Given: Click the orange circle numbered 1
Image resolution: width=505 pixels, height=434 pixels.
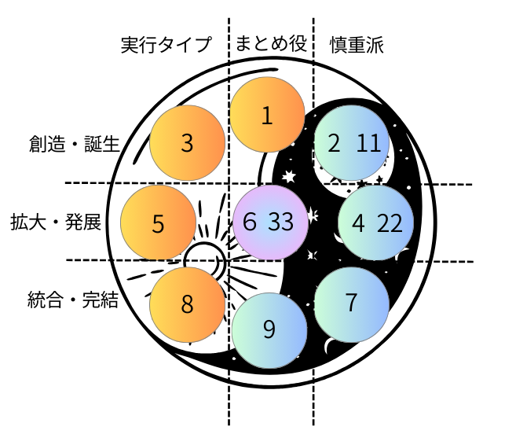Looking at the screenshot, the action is click(x=267, y=115).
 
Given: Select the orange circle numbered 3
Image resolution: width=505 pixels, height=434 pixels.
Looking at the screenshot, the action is click(x=187, y=143).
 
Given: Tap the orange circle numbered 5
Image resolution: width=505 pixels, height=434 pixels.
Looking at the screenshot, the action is click(x=158, y=223).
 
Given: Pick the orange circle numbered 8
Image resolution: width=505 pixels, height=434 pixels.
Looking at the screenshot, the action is click(x=187, y=304).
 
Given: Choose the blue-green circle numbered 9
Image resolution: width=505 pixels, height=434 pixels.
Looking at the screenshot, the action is click(x=269, y=330).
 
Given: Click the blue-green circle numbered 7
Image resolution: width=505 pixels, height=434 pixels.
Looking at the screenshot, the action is click(x=352, y=304).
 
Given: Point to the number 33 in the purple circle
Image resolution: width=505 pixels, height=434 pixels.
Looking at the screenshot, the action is click(x=281, y=222).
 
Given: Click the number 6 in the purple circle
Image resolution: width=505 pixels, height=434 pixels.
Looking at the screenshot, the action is click(x=250, y=222).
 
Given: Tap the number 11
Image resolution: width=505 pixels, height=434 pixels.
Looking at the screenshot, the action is click(x=369, y=143).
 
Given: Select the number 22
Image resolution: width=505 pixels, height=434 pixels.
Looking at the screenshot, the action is click(x=390, y=223).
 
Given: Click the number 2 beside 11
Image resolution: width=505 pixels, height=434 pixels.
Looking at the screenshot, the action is click(x=334, y=143).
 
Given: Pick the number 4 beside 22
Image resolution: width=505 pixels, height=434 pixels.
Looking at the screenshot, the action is click(x=358, y=223).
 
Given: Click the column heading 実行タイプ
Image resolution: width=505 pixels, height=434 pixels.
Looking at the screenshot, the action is click(x=167, y=44).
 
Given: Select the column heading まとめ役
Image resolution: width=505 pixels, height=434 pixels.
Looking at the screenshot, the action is click(x=271, y=43).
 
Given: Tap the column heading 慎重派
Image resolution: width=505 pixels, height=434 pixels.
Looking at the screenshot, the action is click(x=357, y=45).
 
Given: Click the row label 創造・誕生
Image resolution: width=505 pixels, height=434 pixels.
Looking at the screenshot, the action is click(x=75, y=143).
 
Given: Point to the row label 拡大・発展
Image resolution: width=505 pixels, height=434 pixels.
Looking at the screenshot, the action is click(x=56, y=222).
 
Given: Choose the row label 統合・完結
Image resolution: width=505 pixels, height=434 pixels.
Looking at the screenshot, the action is click(x=73, y=300).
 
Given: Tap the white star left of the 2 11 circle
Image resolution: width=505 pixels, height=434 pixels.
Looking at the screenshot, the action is click(x=289, y=176).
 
